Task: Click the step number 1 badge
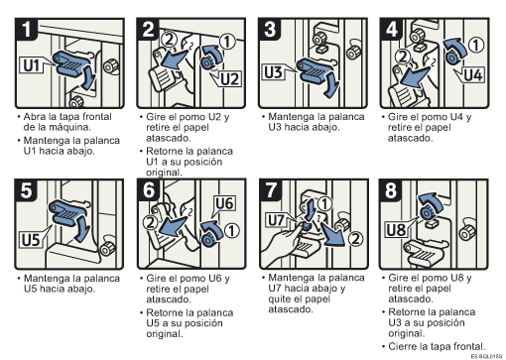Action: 27,29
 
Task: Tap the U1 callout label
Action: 32,65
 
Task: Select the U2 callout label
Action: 229,79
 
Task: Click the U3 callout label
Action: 274,72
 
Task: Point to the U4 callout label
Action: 473,75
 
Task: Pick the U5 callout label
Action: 31,239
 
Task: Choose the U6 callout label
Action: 225,203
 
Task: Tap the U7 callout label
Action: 277,220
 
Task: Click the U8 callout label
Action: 397,230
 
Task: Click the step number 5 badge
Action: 26,190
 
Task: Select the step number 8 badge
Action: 391,190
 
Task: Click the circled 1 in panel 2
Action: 227,42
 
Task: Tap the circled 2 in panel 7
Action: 355,239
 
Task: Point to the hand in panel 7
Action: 281,246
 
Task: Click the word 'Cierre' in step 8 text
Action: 402,346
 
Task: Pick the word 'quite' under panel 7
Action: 280,299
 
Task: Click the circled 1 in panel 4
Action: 476,45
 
